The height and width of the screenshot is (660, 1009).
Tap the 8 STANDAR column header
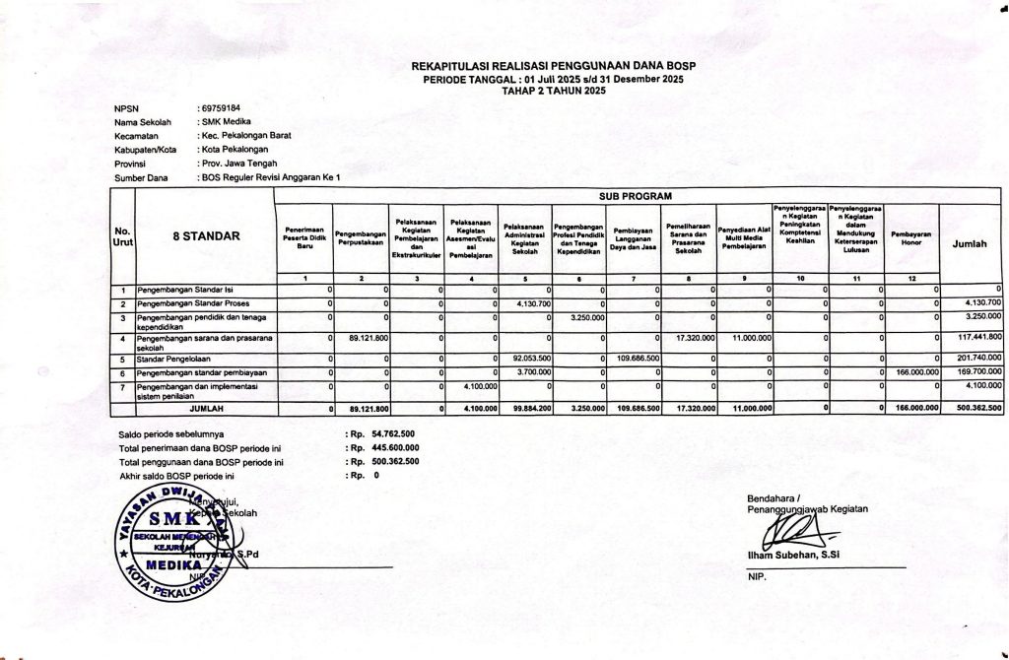[x=203, y=236]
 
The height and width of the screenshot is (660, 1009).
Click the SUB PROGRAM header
[x=635, y=197]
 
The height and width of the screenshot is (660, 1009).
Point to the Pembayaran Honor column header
[x=910, y=236]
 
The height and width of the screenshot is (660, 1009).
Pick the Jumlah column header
[x=971, y=242]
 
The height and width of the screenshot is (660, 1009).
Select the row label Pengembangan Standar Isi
[x=185, y=291]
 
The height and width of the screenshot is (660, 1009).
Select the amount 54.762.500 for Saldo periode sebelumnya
[x=392, y=433]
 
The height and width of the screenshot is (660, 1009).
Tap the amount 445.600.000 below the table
[x=395, y=447]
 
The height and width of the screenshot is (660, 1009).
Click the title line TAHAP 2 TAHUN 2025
[x=554, y=90]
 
